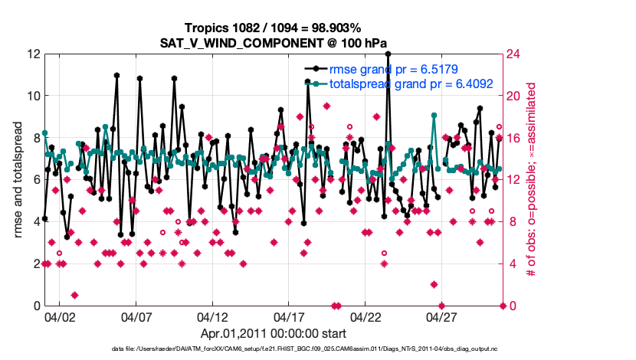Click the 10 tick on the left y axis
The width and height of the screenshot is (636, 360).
pos(33,97)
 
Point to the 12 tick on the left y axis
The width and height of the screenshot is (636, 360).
pos(33,54)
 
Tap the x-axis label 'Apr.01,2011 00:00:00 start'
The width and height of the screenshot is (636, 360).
pos(273,333)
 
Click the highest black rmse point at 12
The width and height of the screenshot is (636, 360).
pos(388,54)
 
